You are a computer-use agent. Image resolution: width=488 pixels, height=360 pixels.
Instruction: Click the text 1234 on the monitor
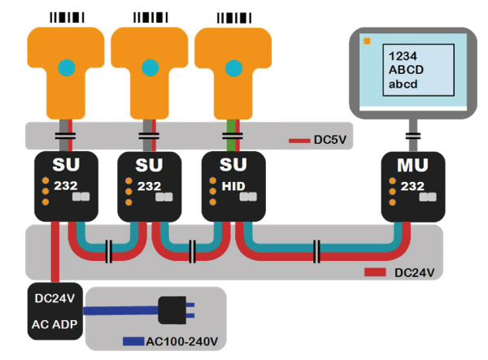(x=402, y=56)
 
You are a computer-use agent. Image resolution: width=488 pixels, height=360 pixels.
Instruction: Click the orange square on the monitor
(x=368, y=41)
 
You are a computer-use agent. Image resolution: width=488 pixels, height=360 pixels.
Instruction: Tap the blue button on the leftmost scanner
(x=65, y=66)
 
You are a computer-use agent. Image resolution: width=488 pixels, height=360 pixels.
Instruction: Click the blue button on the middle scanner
(x=149, y=66)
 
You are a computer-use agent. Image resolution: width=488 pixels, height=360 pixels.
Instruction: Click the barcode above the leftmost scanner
(x=65, y=16)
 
